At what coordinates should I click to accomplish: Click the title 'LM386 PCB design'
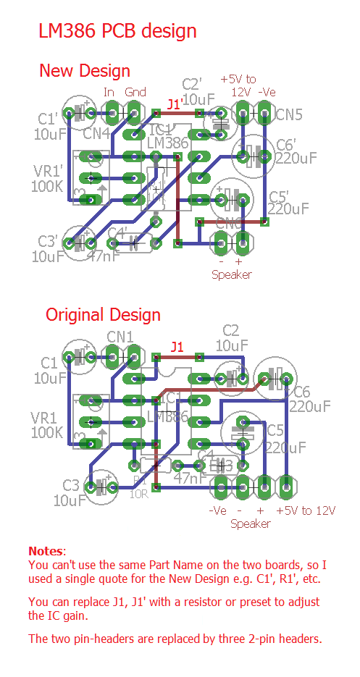point(117,31)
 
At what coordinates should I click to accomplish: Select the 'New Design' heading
point(84,71)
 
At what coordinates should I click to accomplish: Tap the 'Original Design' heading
point(103,315)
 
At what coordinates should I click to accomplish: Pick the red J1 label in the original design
point(177,348)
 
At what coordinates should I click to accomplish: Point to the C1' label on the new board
point(48,118)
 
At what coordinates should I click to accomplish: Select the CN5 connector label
point(289,114)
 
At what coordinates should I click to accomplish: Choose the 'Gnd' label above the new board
point(135,92)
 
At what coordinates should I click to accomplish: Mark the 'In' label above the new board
point(109,92)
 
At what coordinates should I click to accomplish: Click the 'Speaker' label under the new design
point(231,274)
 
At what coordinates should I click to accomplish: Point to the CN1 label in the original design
point(120,336)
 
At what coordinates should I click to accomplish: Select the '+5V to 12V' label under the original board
point(306,510)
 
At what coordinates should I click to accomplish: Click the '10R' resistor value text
point(139,495)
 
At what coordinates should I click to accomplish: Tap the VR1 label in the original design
point(45,418)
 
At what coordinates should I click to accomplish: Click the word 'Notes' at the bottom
point(46,552)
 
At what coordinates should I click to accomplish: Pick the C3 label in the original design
point(71,484)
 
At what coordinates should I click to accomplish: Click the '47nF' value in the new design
point(103,256)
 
